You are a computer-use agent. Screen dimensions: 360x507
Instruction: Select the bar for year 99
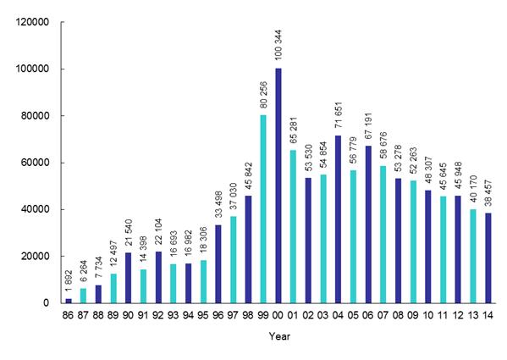[262, 208]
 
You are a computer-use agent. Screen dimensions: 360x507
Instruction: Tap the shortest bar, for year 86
[69, 300]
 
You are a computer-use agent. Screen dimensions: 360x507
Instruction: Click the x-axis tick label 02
[308, 314]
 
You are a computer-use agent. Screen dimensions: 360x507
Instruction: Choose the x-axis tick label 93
[174, 314]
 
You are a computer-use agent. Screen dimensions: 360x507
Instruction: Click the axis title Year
[278, 337]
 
